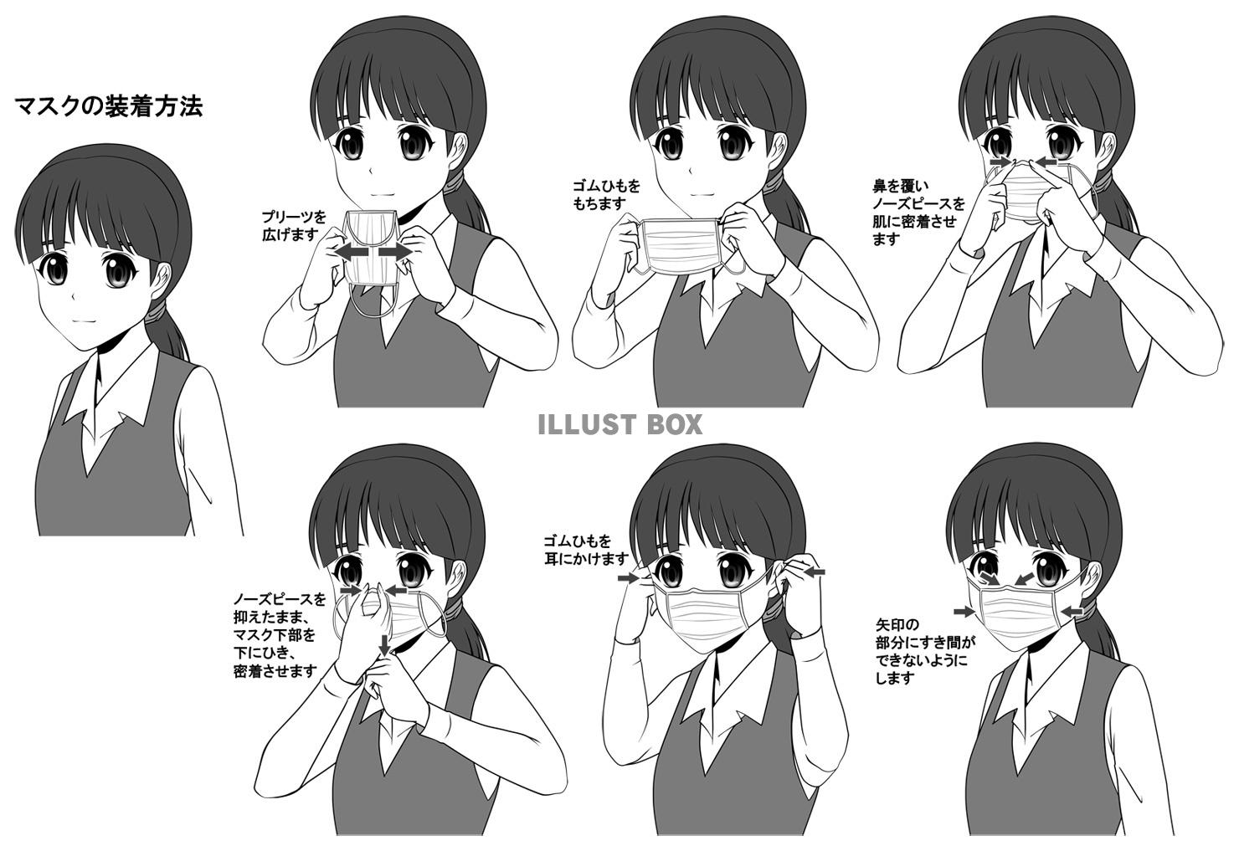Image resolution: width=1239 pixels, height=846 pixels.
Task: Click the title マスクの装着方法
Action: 109,105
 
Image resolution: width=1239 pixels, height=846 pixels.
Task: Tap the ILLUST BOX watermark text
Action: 620,424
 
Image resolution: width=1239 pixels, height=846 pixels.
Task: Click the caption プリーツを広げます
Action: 294,225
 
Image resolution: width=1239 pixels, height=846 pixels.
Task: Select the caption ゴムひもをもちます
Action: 605,194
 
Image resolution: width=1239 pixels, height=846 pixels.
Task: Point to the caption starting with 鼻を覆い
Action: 918,213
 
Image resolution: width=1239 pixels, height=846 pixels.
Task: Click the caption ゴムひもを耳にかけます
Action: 586,550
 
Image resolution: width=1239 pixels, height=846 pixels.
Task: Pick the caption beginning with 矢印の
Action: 925,651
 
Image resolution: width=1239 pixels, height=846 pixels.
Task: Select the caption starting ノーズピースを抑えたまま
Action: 280,635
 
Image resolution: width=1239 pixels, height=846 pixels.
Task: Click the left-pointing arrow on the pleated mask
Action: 352,252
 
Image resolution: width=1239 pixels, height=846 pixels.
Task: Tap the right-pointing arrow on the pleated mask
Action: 395,252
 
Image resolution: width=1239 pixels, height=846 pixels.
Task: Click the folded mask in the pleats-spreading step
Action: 371,247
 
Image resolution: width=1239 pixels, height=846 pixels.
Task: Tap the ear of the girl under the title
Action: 161,281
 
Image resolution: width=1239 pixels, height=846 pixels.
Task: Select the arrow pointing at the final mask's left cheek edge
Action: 964,612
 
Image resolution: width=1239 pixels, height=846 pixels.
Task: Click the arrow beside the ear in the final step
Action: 1072,612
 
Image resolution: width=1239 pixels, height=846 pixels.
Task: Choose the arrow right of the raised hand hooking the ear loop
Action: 814,572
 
